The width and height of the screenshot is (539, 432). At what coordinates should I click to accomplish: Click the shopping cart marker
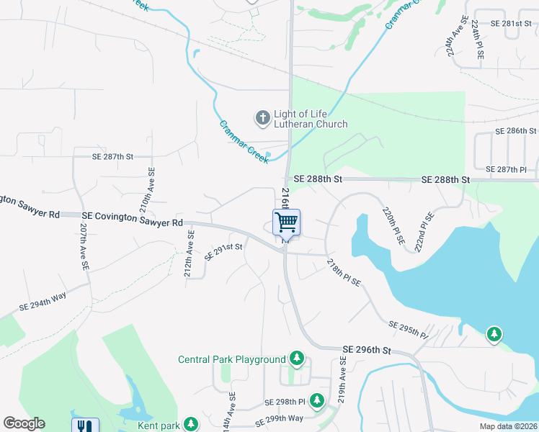click(286, 222)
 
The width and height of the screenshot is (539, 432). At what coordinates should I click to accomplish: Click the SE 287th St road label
click(113, 156)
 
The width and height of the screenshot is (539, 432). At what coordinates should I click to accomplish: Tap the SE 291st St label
click(223, 251)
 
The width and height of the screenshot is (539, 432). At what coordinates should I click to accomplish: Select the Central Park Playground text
click(232, 359)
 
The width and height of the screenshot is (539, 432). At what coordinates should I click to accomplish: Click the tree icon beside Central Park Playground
click(296, 358)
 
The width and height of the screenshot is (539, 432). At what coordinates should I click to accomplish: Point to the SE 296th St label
click(366, 350)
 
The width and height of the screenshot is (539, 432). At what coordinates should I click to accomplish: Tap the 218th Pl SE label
click(343, 274)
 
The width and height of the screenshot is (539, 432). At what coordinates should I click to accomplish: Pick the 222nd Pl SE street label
click(424, 231)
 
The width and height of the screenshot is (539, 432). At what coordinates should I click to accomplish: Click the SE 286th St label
click(517, 131)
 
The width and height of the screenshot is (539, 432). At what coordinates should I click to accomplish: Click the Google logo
click(24, 423)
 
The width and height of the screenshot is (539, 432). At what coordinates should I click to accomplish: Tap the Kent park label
click(160, 425)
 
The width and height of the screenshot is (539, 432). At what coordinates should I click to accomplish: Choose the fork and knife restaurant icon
click(85, 426)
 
